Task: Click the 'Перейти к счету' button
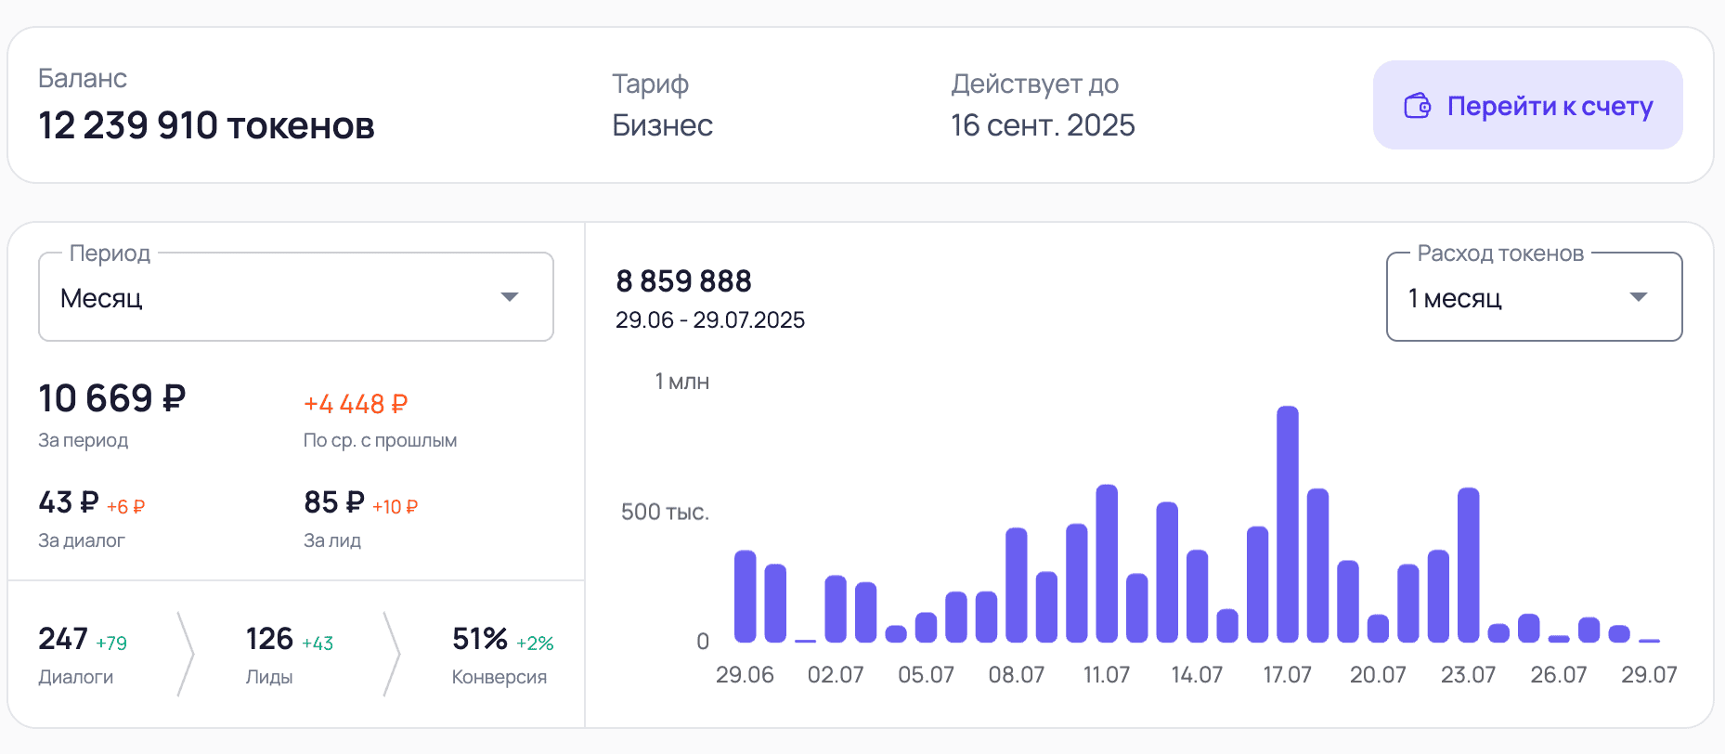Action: pyautogui.click(x=1527, y=106)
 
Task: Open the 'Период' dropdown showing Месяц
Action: pyautogui.click(x=295, y=298)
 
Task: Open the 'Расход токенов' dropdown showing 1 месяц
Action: pyautogui.click(x=1533, y=298)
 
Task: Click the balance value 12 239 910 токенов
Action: pyautogui.click(x=206, y=125)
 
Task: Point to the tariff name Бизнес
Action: pyautogui.click(x=662, y=125)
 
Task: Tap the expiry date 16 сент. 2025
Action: pyautogui.click(x=1042, y=125)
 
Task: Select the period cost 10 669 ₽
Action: pyautogui.click(x=111, y=398)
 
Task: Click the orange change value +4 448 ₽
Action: pyautogui.click(x=356, y=404)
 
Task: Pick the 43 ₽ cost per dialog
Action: pyautogui.click(x=68, y=502)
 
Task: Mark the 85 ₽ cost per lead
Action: pyautogui.click(x=333, y=502)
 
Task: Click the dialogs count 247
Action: pyautogui.click(x=62, y=639)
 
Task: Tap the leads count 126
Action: pyautogui.click(x=269, y=639)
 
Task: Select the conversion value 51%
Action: pyautogui.click(x=479, y=639)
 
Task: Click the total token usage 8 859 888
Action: pyautogui.click(x=683, y=280)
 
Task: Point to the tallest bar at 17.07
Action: pyautogui.click(x=1288, y=525)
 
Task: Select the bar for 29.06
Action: pyautogui.click(x=746, y=596)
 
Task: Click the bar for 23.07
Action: pyautogui.click(x=1468, y=565)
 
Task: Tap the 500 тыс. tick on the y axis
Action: pyautogui.click(x=665, y=512)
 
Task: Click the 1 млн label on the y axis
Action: pyautogui.click(x=681, y=382)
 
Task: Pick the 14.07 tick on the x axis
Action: pyautogui.click(x=1197, y=675)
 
